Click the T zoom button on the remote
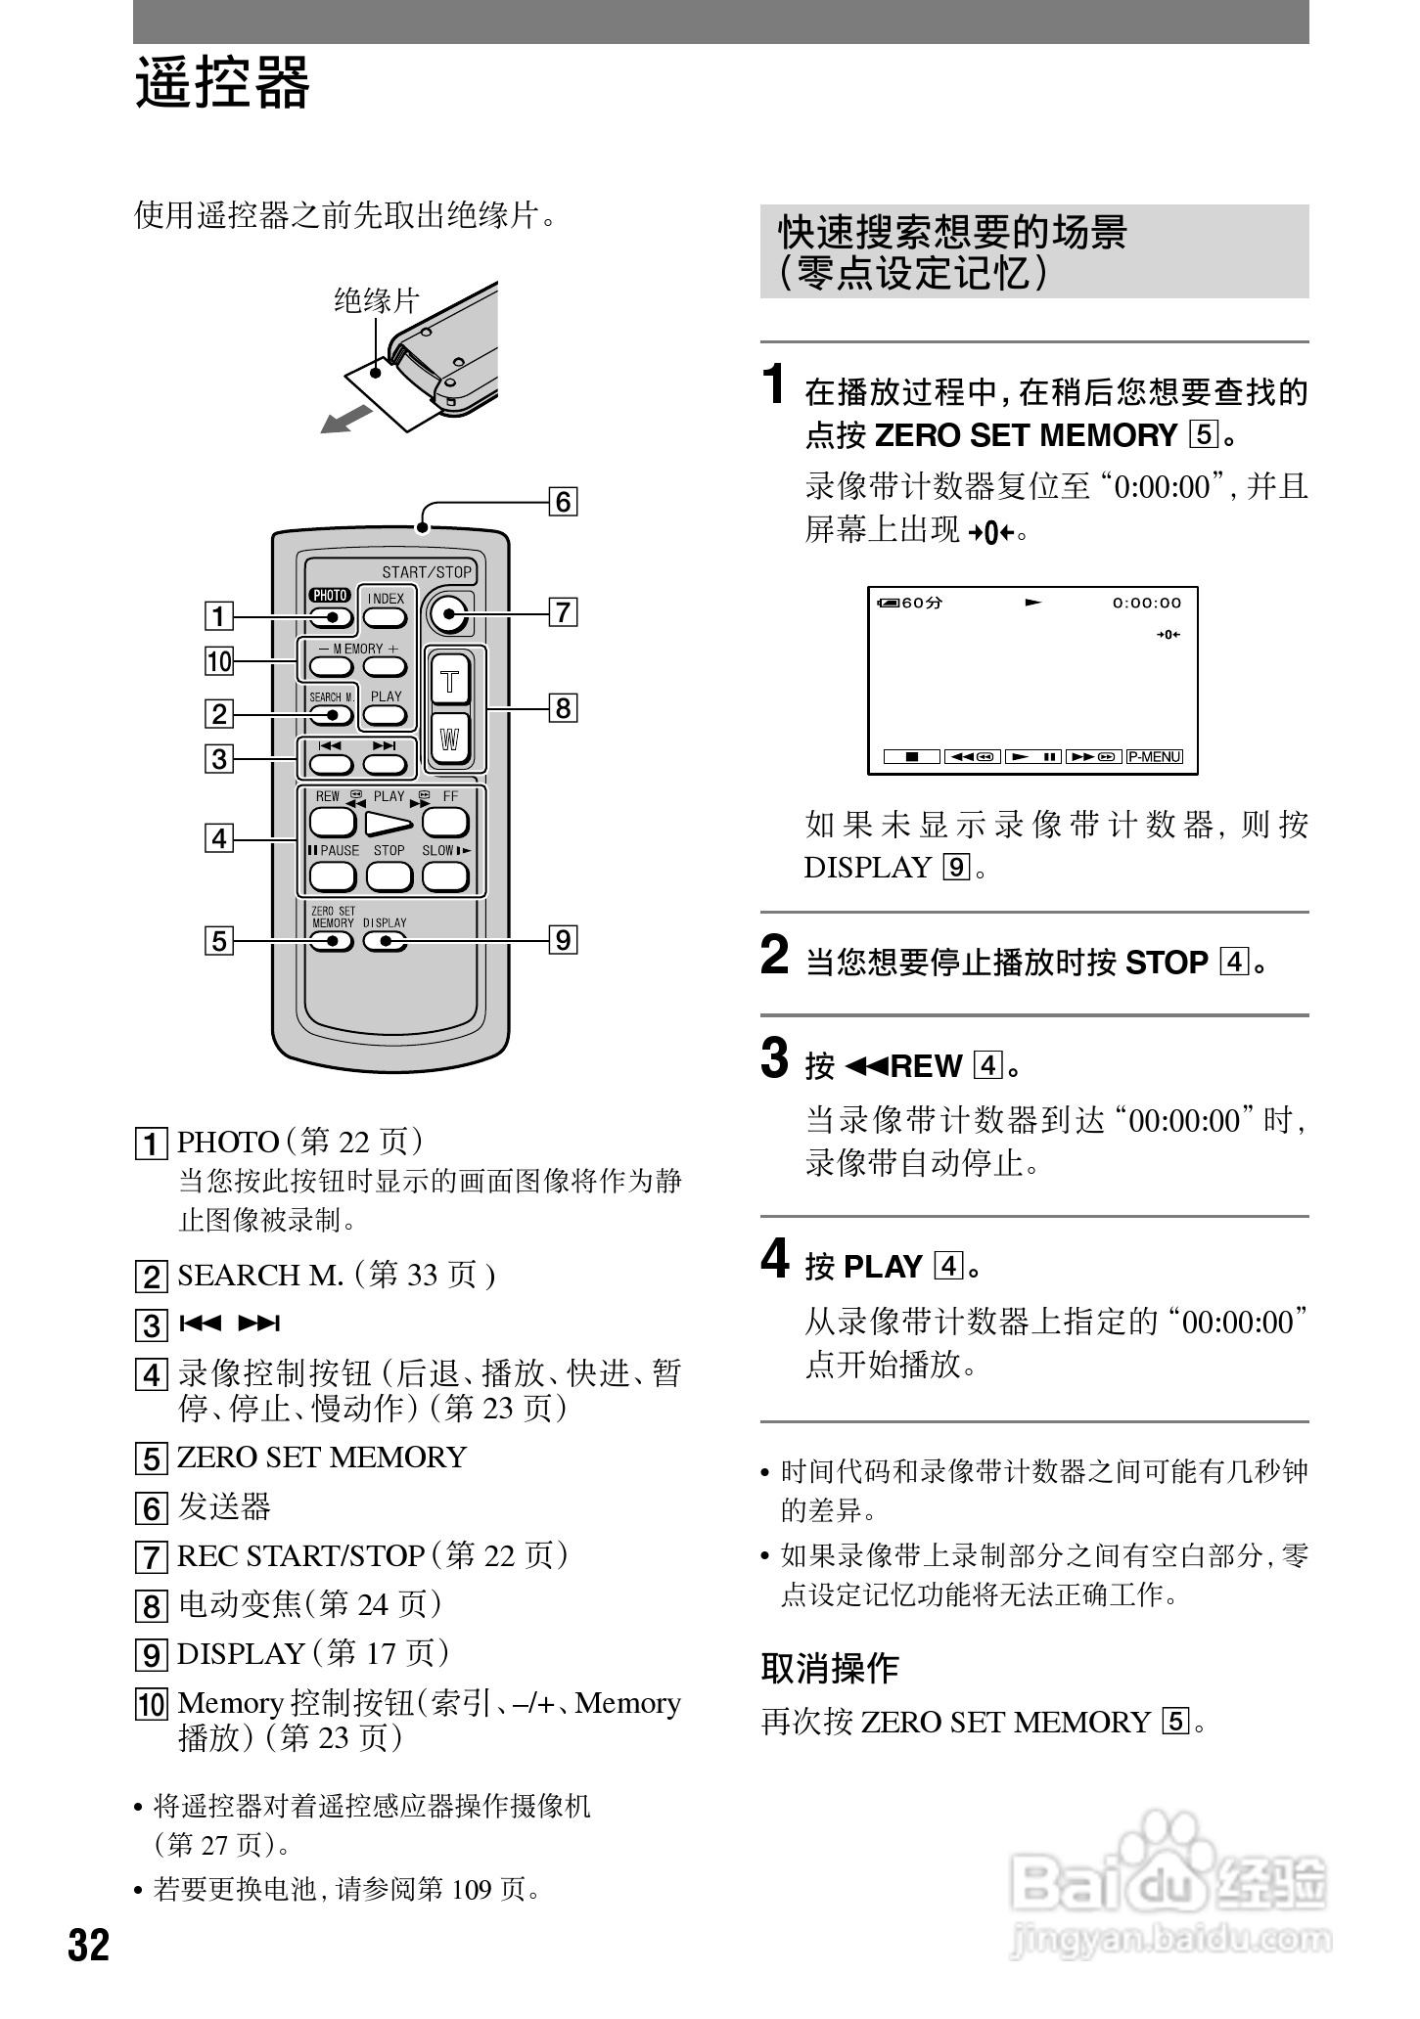(450, 681)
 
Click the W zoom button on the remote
(450, 740)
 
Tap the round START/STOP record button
(448, 614)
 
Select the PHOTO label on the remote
(330, 595)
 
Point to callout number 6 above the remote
(564, 502)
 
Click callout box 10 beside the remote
(219, 661)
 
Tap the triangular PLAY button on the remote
(389, 824)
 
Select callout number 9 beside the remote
(564, 940)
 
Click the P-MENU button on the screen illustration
(1155, 756)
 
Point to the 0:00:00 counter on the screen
(1146, 603)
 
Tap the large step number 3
(774, 1058)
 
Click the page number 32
(89, 1947)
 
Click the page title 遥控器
(222, 82)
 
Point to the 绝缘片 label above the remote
(376, 300)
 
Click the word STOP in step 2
(1167, 963)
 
